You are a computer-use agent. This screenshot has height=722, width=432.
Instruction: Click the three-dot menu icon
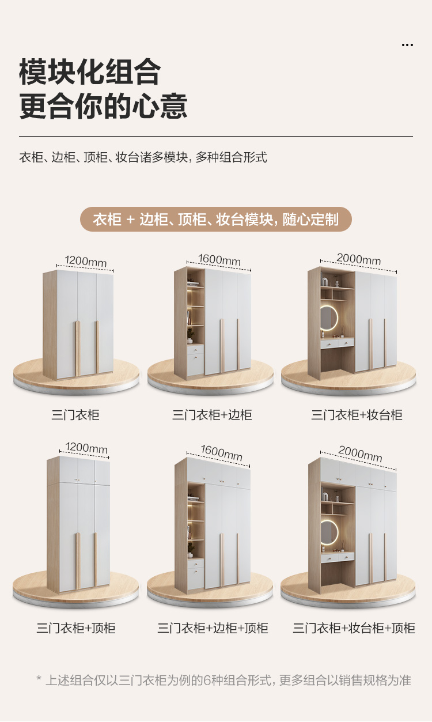pos(407,45)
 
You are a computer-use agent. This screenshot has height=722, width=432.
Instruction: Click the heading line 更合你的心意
pos(104,107)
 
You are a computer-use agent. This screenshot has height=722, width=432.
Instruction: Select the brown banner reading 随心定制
pos(215,220)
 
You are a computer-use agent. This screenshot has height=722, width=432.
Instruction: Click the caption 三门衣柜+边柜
pos(212,415)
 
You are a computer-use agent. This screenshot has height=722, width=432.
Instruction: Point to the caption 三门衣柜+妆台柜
pos(357,415)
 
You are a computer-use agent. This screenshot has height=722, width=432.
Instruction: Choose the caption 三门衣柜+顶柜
pos(76,628)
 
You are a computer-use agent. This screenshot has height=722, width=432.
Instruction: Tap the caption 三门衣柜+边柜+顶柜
pos(213,628)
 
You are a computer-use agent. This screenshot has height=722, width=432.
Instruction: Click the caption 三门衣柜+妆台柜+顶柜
pos(354,628)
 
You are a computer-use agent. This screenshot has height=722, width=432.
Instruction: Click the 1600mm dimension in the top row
pos(219,260)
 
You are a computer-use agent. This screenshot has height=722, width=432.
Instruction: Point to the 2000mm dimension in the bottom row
pos(360,453)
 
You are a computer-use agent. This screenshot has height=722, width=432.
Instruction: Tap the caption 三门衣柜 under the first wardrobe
pos(75,415)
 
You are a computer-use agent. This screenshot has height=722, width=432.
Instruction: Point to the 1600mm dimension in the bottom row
pos(222,453)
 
